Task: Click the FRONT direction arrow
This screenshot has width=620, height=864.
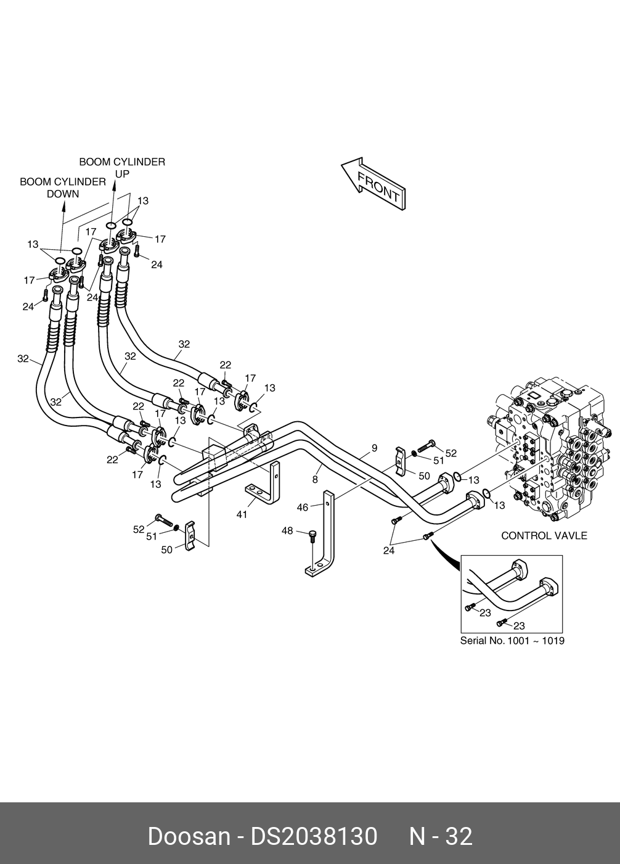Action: click(x=373, y=184)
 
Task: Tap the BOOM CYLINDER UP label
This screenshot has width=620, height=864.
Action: click(x=122, y=168)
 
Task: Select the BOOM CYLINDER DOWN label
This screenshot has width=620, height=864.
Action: click(x=63, y=188)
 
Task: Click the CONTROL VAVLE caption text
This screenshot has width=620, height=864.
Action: click(x=544, y=535)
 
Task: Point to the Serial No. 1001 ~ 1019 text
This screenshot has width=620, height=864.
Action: click(x=512, y=641)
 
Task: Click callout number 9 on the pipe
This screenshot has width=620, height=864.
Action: click(x=374, y=448)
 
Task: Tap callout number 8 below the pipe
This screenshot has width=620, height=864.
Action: click(x=315, y=479)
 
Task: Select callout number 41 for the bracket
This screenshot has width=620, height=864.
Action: click(x=242, y=514)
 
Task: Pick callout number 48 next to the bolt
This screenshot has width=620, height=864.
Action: click(x=287, y=531)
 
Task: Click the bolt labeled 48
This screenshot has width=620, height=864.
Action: click(x=312, y=537)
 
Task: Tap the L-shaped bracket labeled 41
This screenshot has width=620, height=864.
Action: click(x=264, y=482)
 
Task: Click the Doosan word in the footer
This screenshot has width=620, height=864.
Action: click(x=189, y=837)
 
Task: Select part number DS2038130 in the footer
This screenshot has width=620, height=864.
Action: click(x=314, y=837)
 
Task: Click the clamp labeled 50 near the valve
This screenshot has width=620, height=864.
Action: click(x=403, y=461)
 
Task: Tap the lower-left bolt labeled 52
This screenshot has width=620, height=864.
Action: click(x=163, y=519)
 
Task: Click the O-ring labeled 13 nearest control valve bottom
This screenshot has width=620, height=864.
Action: click(x=487, y=493)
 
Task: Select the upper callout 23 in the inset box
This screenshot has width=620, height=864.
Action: click(x=485, y=612)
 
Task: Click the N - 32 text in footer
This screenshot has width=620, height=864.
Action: click(x=440, y=837)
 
